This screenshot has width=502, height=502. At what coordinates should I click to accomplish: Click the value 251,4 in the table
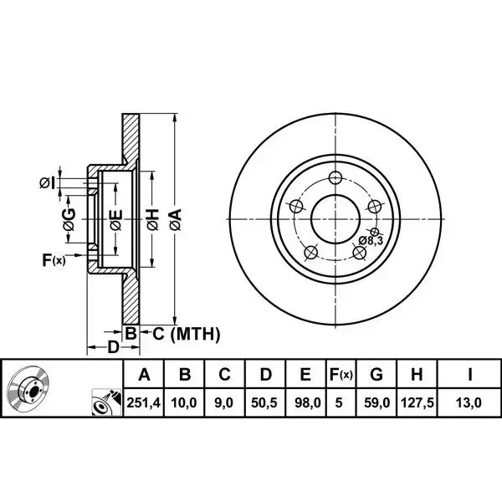[x=143, y=402]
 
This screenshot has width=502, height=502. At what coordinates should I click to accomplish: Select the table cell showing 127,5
[x=417, y=402]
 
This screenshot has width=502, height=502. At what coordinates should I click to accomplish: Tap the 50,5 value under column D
[x=264, y=402]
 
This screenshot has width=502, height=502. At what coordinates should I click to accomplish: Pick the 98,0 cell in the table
[x=307, y=402]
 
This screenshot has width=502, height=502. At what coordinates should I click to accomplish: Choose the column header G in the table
[x=376, y=374]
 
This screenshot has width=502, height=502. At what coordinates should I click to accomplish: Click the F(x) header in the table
[x=341, y=374]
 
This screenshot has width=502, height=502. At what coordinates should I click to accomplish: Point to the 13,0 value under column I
[x=469, y=402]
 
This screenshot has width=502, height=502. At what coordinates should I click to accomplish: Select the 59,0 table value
[x=376, y=402]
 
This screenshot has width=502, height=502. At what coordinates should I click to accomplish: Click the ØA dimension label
[x=176, y=219]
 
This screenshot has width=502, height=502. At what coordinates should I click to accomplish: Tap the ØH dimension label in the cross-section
[x=153, y=219]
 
